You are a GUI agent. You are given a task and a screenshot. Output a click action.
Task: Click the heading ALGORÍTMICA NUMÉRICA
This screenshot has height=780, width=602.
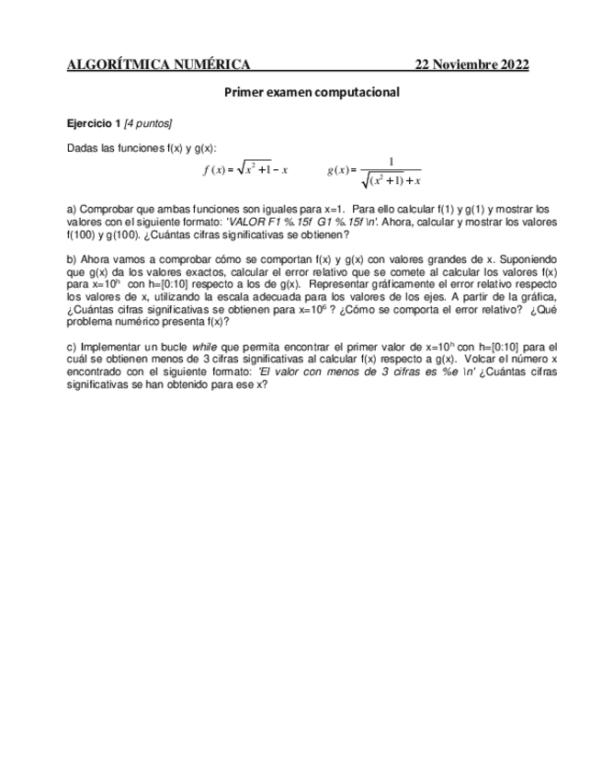[159, 64]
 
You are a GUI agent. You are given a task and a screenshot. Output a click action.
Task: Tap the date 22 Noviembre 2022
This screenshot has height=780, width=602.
[471, 64]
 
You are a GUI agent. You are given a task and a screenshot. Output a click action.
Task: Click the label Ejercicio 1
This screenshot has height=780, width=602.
[95, 122]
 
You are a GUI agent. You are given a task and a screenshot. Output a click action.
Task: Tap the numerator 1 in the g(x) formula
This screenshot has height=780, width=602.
[392, 162]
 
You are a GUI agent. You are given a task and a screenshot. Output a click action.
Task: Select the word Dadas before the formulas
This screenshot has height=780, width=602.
[84, 148]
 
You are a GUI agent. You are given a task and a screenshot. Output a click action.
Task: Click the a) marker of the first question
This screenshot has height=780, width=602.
[73, 209]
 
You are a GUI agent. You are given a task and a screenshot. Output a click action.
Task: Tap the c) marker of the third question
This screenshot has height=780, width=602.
[73, 345]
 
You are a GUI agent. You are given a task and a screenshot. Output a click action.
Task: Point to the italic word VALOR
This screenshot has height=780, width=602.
[247, 222]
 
